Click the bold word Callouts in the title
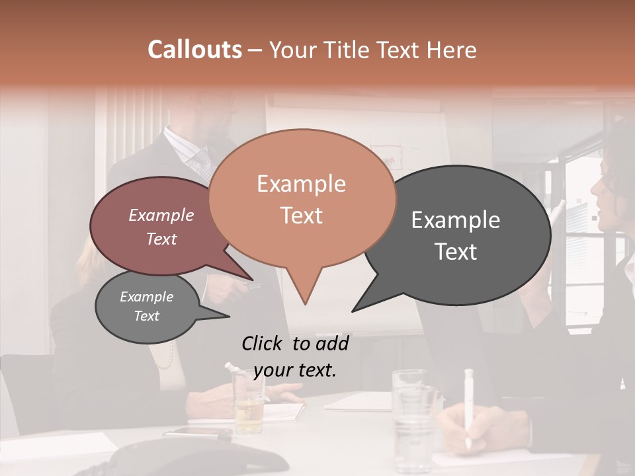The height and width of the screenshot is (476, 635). tap(194, 50)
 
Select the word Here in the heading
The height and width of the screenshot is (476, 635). tap(452, 50)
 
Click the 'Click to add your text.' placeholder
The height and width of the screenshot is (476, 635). tap(295, 356)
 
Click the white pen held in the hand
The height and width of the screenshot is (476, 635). tap(469, 403)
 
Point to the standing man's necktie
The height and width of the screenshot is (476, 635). tap(201, 162)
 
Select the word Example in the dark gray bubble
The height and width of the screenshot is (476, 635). tap(456, 220)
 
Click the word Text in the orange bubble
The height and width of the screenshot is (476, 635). tap(302, 216)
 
